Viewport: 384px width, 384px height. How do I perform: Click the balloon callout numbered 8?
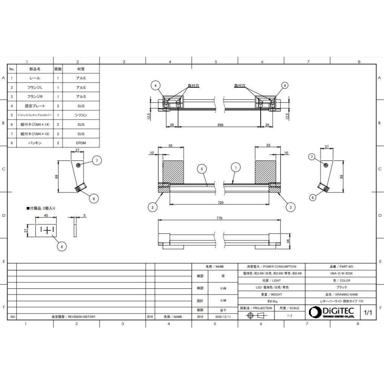click(62, 246)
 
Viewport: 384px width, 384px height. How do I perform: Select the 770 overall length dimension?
click(219, 218)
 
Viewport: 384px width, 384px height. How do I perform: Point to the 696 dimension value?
click(220, 125)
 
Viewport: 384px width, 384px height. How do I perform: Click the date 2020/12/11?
click(223, 317)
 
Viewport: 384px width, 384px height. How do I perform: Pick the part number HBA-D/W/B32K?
click(340, 273)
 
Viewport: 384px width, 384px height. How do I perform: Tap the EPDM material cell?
click(81, 143)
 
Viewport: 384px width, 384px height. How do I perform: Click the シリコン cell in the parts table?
click(81, 115)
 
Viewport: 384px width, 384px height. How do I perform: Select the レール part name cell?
click(35, 78)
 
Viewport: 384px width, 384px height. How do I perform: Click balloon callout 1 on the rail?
click(234, 169)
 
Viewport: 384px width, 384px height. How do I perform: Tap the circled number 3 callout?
click(290, 207)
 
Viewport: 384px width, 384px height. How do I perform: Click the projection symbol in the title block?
click(256, 315)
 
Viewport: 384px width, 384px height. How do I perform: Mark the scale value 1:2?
click(290, 315)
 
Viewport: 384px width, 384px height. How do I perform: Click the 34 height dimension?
click(288, 241)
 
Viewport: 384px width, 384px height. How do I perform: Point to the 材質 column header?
click(81, 69)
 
